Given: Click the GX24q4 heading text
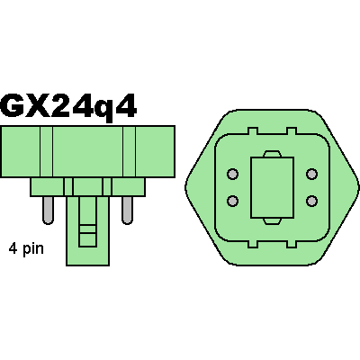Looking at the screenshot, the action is [68, 106].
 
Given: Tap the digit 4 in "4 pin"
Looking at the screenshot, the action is [13, 248].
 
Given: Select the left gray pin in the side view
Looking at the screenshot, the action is [48, 211].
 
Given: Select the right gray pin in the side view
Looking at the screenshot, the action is [127, 211].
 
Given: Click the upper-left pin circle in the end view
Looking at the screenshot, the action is [232, 174].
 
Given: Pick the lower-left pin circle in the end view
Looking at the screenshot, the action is [232, 201].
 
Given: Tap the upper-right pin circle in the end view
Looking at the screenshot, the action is [311, 174].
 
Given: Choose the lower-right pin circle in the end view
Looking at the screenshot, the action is [311, 201].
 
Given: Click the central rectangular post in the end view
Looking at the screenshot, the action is [272, 187].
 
